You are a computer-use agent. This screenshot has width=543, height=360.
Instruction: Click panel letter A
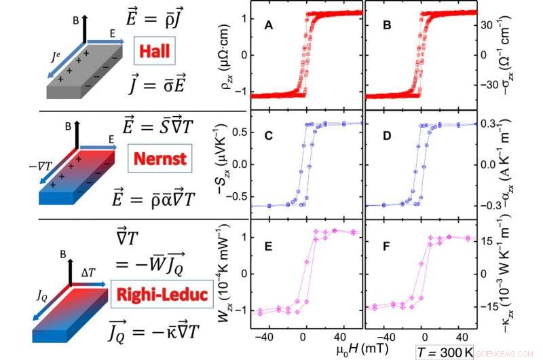tap(269, 26)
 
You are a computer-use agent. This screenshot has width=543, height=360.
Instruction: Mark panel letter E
tap(269, 247)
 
